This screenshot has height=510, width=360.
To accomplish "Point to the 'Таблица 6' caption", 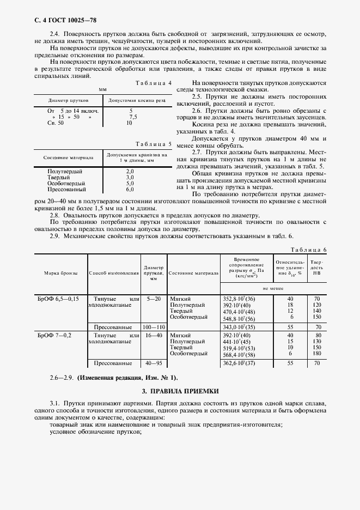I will (x=309, y=250).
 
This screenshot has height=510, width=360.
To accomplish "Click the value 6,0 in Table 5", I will (x=130, y=190).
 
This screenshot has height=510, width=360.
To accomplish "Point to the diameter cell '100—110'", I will (x=154, y=326).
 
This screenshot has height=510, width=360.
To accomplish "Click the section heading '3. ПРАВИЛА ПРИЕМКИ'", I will (x=180, y=391).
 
